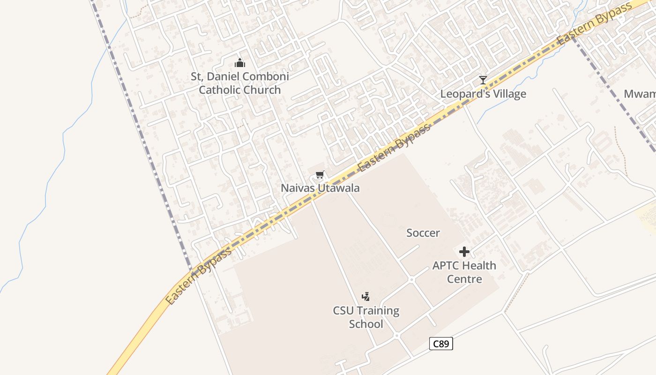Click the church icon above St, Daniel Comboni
tap(240, 63)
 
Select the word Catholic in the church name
tap(220, 90)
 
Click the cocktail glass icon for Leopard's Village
tap(483, 80)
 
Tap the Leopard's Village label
tap(483, 94)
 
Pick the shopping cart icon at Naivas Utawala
tap(320, 175)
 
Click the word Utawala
tap(339, 188)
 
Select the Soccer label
tap(423, 232)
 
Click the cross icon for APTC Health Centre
tap(464, 252)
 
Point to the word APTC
tap(447, 265)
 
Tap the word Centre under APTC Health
tap(464, 279)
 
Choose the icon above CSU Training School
tap(366, 296)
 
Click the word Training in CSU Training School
tap(377, 310)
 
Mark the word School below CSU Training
tap(366, 324)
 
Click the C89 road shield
tap(441, 344)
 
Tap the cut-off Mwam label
tap(640, 94)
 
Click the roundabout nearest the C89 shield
tap(396, 336)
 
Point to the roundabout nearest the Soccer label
tap(411, 279)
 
